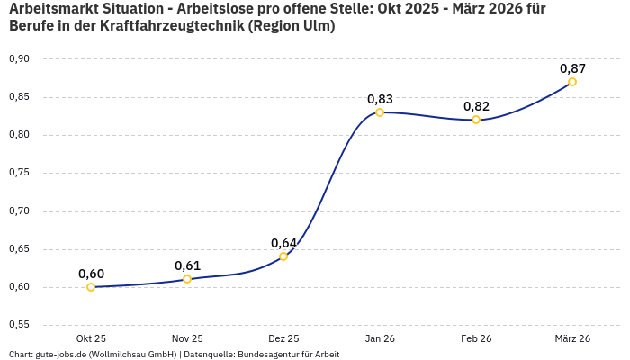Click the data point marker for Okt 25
coord(91,287)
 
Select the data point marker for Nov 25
coord(187,279)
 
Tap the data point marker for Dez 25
coord(283,256)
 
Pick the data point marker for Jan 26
coord(380,112)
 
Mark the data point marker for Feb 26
coord(476,120)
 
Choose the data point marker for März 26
coord(572,82)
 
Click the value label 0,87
coord(572,68)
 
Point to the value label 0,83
coord(380,99)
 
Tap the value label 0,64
coord(283,243)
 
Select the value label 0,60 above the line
coord(91,274)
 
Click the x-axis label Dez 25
coord(283,338)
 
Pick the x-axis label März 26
coord(572,338)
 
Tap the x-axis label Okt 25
coord(91,338)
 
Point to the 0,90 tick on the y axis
coord(19,58)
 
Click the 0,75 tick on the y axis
coord(19,173)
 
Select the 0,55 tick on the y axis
coord(19,324)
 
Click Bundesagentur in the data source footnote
coord(267,355)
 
